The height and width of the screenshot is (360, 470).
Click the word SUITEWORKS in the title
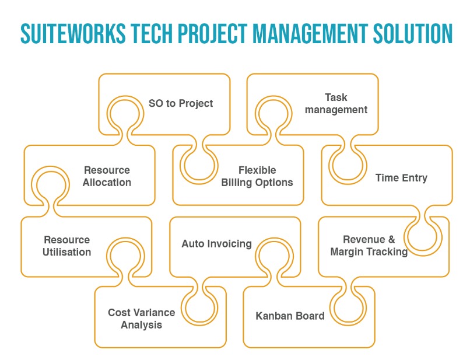click(x=73, y=34)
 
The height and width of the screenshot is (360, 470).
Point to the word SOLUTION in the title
click(x=413, y=34)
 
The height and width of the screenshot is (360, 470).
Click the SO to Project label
click(x=181, y=103)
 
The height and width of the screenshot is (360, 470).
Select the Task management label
click(x=336, y=103)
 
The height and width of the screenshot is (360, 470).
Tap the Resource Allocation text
click(x=107, y=176)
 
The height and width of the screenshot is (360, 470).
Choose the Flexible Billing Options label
click(x=257, y=176)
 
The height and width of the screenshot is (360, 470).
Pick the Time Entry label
click(x=401, y=178)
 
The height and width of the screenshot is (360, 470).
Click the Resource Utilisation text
click(x=67, y=246)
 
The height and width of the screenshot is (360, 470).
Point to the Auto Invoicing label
click(x=217, y=244)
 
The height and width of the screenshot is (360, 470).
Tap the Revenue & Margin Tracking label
click(x=369, y=246)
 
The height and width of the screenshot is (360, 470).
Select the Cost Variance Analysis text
click(x=142, y=319)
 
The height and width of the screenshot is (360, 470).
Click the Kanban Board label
click(x=290, y=316)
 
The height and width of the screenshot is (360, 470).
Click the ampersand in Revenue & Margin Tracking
click(x=391, y=239)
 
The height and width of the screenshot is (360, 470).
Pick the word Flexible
click(x=257, y=170)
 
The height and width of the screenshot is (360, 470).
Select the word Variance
click(x=155, y=313)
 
